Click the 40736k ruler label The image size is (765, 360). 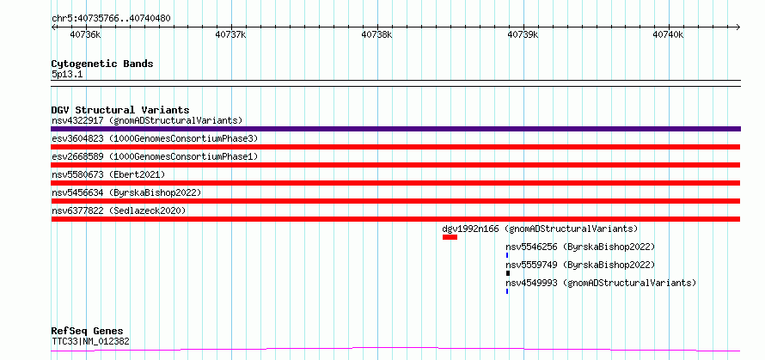click(x=85, y=34)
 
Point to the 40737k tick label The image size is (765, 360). click(x=230, y=34)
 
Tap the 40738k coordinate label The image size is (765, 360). click(x=376, y=34)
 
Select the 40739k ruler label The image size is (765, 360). click(x=523, y=34)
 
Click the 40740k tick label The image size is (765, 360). click(x=669, y=34)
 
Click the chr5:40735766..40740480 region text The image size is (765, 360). click(x=111, y=19)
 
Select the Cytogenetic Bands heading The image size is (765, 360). click(x=102, y=64)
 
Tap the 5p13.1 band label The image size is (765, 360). click(x=67, y=75)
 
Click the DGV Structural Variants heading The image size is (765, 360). click(x=120, y=110)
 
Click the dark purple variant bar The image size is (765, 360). click(x=395, y=129)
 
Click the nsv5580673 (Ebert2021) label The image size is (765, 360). click(x=108, y=174)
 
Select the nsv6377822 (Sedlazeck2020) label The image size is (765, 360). click(x=119, y=211)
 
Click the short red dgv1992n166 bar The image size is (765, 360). click(x=450, y=237)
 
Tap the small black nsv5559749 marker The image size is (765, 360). click(x=507, y=273)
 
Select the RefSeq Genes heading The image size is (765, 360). click(x=88, y=332)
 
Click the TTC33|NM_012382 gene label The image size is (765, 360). click(x=91, y=341)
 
